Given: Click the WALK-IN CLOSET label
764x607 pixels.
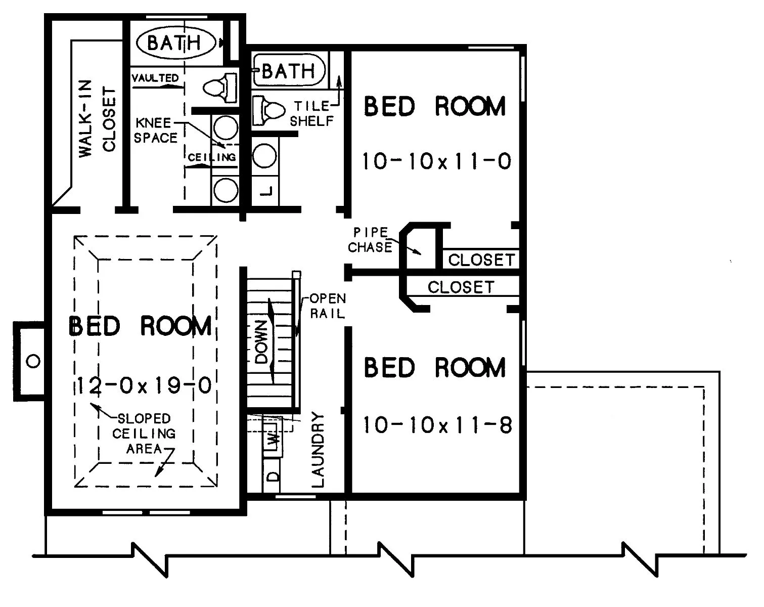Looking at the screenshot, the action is (x=97, y=119).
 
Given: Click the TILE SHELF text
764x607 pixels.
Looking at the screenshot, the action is (x=312, y=114).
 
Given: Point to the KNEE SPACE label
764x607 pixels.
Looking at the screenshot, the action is (x=156, y=131).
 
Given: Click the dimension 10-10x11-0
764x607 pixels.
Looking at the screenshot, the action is (x=437, y=161).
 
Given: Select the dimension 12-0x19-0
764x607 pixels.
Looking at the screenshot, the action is (x=145, y=385).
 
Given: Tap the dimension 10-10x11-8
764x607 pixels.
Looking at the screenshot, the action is (x=437, y=425).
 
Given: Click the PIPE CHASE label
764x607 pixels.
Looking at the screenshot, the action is (x=370, y=240).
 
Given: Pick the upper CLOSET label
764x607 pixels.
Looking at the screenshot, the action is (x=481, y=260).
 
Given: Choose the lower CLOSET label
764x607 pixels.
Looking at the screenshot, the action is (x=461, y=287).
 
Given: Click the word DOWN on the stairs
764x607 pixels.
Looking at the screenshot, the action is (x=261, y=342).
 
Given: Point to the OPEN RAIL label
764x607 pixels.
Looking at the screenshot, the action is (x=328, y=306).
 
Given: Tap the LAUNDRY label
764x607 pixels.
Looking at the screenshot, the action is (x=318, y=449).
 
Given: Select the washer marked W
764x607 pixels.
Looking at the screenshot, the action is (x=273, y=440).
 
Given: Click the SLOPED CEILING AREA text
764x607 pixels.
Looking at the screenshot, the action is (x=144, y=433).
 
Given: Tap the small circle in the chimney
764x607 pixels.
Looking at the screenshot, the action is (x=33, y=362).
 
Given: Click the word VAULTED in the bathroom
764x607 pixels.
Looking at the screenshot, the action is (x=155, y=78).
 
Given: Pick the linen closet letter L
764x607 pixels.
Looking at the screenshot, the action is (x=266, y=191).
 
